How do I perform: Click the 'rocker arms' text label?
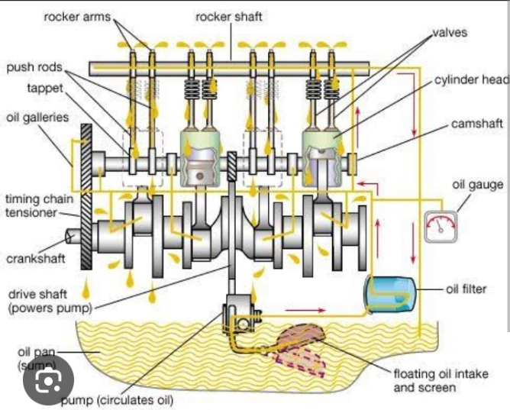click(x=78, y=16)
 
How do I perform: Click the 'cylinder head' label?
click(x=471, y=80)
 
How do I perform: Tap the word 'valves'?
click(x=450, y=33)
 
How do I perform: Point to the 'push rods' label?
click(x=34, y=67)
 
